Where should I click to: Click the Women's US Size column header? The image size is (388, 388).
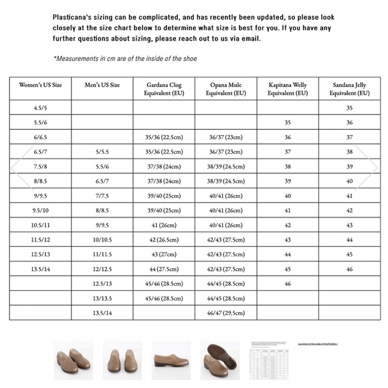[x=40, y=85]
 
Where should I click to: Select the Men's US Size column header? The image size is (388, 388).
[x=103, y=85]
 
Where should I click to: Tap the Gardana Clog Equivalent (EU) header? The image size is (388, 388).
[x=163, y=89]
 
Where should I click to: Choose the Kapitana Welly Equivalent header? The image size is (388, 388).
[x=288, y=89]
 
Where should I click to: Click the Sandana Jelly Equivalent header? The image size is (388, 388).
[x=349, y=89]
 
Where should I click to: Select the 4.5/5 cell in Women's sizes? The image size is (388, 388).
[x=40, y=107]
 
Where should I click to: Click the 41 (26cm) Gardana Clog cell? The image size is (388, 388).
[x=163, y=225]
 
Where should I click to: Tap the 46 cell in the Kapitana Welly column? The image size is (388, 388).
[x=288, y=283]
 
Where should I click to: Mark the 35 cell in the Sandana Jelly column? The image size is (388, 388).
[x=349, y=107]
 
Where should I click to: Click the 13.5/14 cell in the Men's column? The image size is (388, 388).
[x=103, y=312]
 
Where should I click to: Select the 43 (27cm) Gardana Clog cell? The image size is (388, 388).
[x=163, y=254]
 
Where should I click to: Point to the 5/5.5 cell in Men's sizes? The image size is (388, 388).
[x=103, y=151]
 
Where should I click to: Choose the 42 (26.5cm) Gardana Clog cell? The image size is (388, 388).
[x=163, y=239]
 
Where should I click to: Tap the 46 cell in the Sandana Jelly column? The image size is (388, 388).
[x=349, y=268]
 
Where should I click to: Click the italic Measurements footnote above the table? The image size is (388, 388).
[x=125, y=58]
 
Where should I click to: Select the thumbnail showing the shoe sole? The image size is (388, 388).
[x=219, y=359]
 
